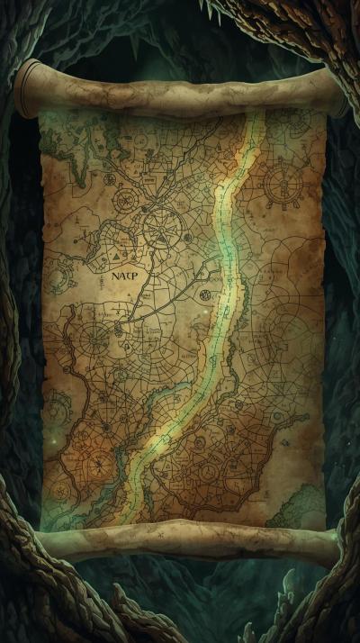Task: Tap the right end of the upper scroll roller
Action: (338, 92)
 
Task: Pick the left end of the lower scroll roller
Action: (40, 543)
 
